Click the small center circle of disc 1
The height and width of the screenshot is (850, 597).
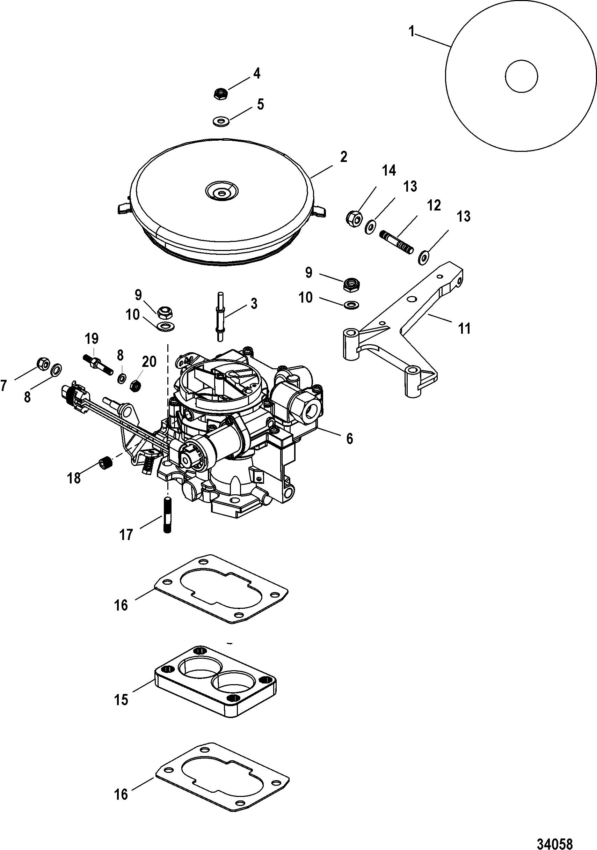[x=522, y=76]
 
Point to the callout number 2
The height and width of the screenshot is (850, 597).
[x=343, y=157]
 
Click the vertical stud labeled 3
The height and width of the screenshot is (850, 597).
[x=220, y=317]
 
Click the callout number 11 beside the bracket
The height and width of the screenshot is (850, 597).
[x=464, y=328]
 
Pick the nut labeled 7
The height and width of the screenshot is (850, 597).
[x=44, y=364]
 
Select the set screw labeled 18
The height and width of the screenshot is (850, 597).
[x=105, y=464]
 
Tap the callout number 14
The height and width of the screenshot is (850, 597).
[x=389, y=171]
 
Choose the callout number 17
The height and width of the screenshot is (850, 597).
[x=126, y=534]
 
